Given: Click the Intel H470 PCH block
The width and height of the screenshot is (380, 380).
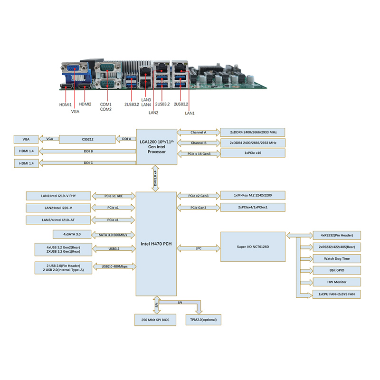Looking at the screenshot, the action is [156, 244].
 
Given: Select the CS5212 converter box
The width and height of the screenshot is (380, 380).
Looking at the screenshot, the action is [87, 139].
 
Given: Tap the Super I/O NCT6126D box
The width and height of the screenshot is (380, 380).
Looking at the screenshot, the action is [253, 247].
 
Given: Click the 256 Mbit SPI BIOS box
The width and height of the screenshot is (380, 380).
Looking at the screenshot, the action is [155, 320].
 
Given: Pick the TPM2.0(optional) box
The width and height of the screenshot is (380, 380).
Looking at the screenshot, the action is [203, 320].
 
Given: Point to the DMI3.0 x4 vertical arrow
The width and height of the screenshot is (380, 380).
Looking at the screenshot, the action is [155, 179].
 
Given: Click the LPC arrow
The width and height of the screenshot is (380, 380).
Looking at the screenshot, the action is [199, 248].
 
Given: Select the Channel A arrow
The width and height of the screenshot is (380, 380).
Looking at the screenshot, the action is [199, 133].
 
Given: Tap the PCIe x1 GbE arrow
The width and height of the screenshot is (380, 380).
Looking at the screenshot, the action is [114, 196].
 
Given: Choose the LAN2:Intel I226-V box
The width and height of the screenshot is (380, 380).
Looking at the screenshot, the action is [58, 208].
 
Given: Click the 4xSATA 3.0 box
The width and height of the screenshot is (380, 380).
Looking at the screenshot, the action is [72, 234].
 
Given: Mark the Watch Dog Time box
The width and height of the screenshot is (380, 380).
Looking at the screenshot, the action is [337, 258].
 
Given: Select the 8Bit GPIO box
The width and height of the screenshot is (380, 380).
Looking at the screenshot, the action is [337, 270].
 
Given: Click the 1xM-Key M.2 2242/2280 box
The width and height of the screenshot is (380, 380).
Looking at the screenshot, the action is [253, 195].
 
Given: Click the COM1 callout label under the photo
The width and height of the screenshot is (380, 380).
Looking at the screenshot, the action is [105, 104].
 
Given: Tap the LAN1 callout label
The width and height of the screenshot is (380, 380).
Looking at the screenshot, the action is [190, 113].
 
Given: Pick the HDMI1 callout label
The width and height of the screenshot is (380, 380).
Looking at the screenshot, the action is [66, 104].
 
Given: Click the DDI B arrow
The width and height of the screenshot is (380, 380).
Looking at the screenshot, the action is [87, 151].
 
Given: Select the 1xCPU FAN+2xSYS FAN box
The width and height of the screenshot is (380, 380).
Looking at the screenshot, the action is [337, 294].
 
